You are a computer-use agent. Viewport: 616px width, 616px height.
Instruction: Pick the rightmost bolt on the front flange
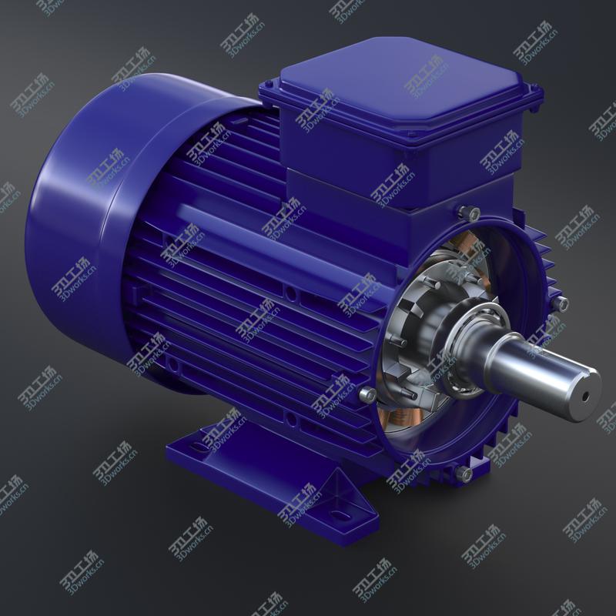563,305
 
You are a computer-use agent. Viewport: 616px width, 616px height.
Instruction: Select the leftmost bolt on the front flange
368,395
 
